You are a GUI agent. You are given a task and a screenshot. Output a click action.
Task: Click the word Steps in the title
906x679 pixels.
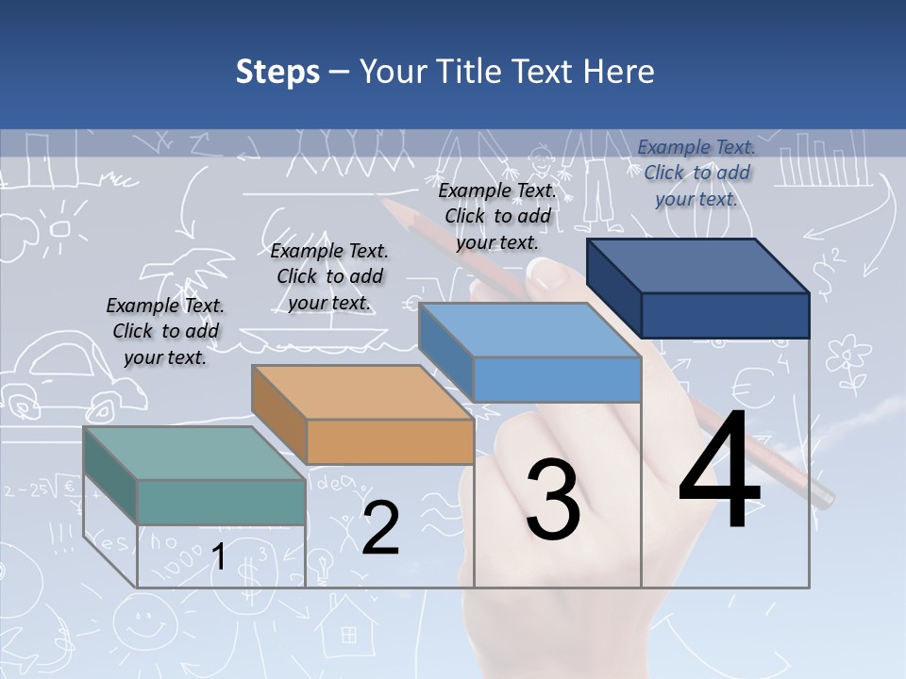pyautogui.click(x=277, y=73)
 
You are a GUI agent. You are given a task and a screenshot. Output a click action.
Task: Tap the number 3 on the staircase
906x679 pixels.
pyautogui.click(x=552, y=500)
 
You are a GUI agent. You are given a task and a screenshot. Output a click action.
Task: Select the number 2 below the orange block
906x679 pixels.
pyautogui.click(x=380, y=528)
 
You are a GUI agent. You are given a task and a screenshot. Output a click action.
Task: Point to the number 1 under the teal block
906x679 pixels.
pyautogui.click(x=218, y=558)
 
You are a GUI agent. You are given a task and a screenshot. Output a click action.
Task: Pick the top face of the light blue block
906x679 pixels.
pyautogui.click(x=529, y=331)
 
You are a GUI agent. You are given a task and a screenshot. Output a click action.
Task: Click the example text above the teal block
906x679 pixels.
pyautogui.click(x=165, y=331)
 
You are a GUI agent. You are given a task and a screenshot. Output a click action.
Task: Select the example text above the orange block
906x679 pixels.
pyautogui.click(x=329, y=276)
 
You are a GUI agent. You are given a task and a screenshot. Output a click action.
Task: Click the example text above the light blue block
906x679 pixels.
pyautogui.click(x=497, y=216)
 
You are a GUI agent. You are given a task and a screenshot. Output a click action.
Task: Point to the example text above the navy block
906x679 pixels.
pyautogui.click(x=696, y=173)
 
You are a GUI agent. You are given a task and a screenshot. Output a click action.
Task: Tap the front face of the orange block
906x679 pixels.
pyautogui.click(x=390, y=441)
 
